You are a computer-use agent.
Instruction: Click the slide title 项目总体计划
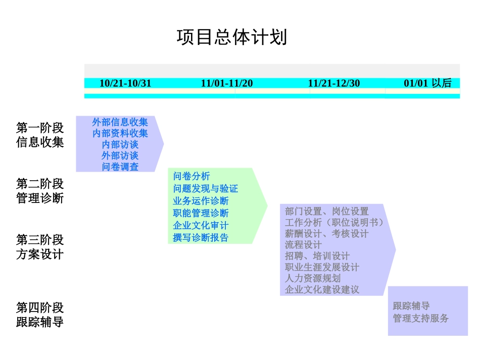click(x=232, y=37)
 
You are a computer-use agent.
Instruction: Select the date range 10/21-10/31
click(x=125, y=83)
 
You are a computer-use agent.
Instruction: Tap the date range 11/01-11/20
click(x=227, y=83)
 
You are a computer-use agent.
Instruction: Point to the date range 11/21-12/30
click(x=334, y=83)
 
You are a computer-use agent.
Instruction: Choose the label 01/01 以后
click(x=427, y=83)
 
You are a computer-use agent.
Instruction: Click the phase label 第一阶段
click(x=40, y=128)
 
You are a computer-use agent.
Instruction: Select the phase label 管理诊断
click(x=40, y=198)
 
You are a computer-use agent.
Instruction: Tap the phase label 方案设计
click(x=40, y=253)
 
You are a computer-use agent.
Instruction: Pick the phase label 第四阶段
click(x=40, y=307)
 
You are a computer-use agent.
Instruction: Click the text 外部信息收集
click(x=120, y=122)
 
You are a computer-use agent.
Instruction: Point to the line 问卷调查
click(x=120, y=167)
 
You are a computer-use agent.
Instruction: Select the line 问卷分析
click(x=191, y=176)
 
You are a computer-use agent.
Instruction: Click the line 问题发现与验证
click(x=205, y=189)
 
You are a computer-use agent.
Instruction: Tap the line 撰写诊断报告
click(x=201, y=238)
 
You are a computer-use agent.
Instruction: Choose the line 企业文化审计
click(x=201, y=226)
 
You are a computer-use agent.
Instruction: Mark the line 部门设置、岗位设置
click(x=327, y=212)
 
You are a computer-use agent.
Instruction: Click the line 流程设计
click(x=303, y=245)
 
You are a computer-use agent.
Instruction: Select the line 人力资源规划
click(x=313, y=278)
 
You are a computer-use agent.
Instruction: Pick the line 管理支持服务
click(x=421, y=318)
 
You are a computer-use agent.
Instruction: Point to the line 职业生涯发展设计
click(x=322, y=267)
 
